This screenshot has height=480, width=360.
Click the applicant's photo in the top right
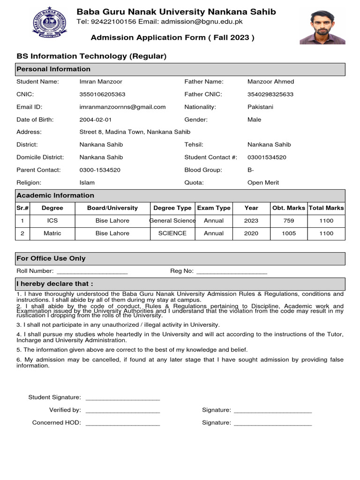coord(322,28)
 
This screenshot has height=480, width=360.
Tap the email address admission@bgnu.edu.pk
coord(202,22)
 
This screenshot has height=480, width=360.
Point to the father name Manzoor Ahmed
coord(270,82)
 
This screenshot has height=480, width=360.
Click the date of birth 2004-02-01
coord(96,120)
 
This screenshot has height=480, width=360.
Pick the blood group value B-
coord(251,170)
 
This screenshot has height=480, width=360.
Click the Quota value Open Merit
coord(263,183)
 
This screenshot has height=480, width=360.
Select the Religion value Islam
coord(87,183)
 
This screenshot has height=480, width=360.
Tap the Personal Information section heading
coord(53,69)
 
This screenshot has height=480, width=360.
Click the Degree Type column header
coord(172,208)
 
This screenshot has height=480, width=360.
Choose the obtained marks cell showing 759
coord(289,221)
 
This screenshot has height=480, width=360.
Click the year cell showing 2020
coord(251,233)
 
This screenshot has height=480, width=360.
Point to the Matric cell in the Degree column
coord(52,233)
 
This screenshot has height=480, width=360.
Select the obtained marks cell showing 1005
coord(289,233)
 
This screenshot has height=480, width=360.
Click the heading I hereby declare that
coord(55,284)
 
